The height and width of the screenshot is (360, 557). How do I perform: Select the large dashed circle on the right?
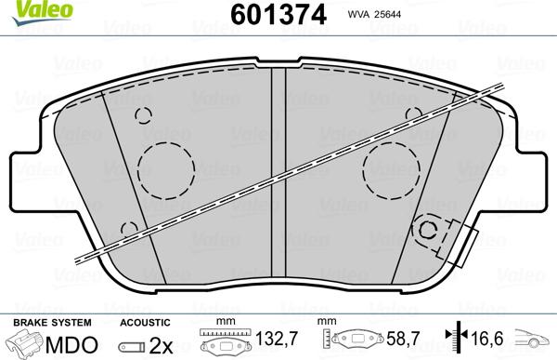(x=393, y=169)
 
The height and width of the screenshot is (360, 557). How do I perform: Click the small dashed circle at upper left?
(x=143, y=115)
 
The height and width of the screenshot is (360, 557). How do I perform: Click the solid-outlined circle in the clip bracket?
(x=430, y=231)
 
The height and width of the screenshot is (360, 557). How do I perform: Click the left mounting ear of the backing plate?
(x=28, y=177)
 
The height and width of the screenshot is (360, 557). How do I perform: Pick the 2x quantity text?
(x=161, y=341)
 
